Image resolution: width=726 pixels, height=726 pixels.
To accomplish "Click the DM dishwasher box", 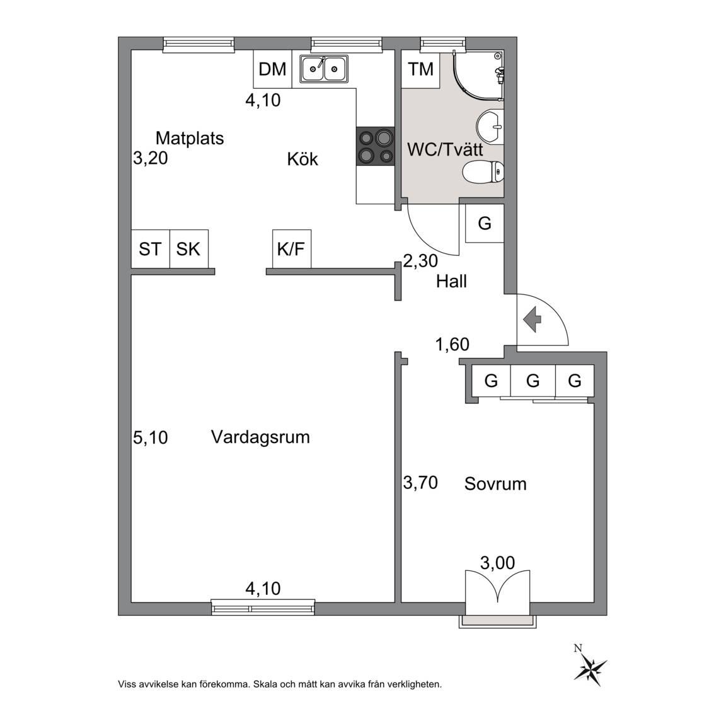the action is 273,69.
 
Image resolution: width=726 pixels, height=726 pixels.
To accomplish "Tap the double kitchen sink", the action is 324,69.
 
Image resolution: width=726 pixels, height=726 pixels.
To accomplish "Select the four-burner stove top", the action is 375,146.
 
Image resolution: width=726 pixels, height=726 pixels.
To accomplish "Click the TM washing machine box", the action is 420,69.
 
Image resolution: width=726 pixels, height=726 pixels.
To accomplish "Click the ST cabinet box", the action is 151,249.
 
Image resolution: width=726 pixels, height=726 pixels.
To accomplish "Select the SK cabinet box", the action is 189,249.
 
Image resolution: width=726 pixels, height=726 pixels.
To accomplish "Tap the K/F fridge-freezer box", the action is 292,249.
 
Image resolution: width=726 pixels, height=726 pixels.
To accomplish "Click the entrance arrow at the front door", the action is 533,319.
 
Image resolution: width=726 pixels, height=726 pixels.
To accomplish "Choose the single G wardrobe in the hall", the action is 484,224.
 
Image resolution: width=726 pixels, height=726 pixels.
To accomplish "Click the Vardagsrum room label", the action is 260,437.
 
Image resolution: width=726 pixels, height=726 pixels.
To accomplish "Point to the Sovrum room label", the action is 495,484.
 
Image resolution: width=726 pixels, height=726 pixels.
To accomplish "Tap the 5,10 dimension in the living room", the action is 151,437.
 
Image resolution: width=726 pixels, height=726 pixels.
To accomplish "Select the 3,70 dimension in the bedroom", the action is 420,483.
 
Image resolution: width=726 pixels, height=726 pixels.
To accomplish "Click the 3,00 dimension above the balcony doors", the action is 498,563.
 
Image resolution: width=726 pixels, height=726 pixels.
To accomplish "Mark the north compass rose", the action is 589,667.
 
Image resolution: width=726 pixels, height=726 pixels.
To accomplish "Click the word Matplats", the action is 190,138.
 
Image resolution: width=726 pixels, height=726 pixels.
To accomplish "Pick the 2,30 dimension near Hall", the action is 420,261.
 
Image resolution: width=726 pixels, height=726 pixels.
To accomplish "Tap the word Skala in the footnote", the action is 265,684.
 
